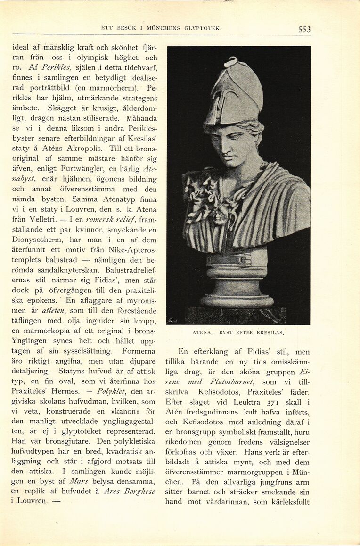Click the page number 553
pyautogui.click(x=304, y=29)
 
